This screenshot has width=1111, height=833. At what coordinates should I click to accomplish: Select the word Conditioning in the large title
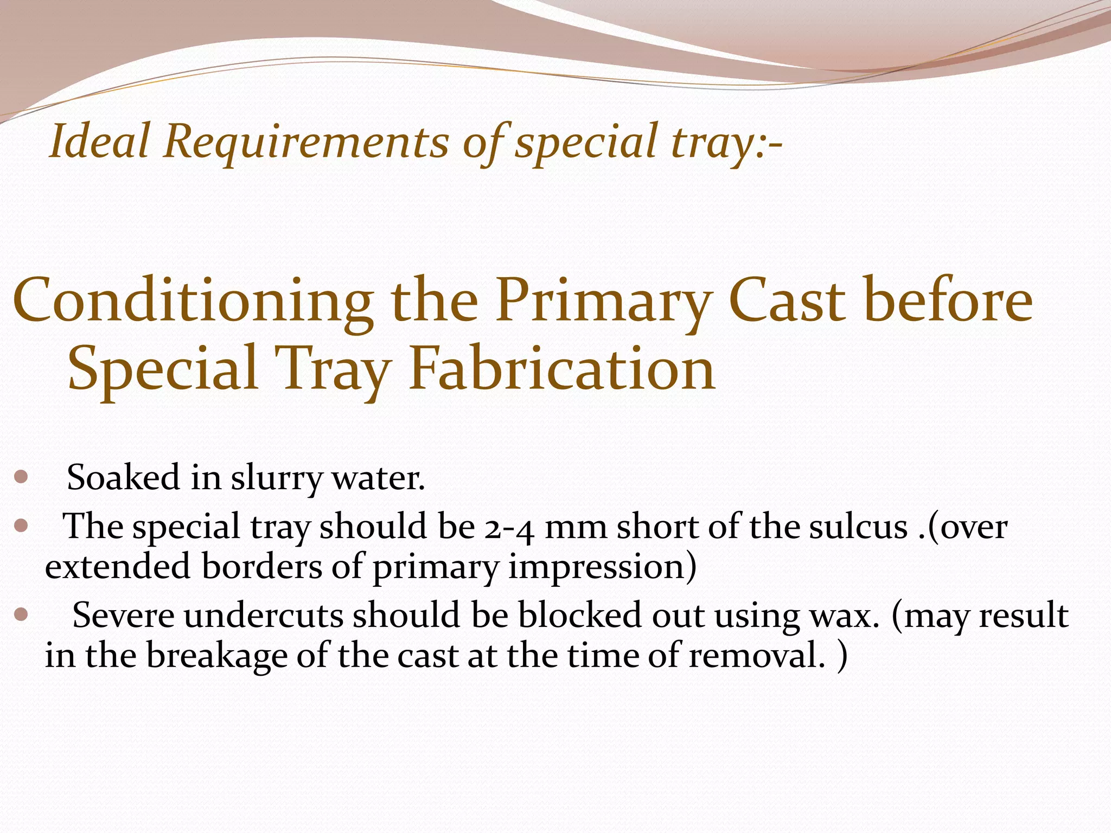point(193,302)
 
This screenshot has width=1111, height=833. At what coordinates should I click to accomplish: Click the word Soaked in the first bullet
point(123,478)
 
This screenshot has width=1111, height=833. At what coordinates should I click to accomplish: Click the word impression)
point(602,567)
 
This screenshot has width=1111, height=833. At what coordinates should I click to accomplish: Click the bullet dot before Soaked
point(21,477)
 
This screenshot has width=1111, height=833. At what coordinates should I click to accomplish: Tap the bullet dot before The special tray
point(21,526)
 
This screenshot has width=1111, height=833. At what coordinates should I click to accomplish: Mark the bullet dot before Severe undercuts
point(21,615)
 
